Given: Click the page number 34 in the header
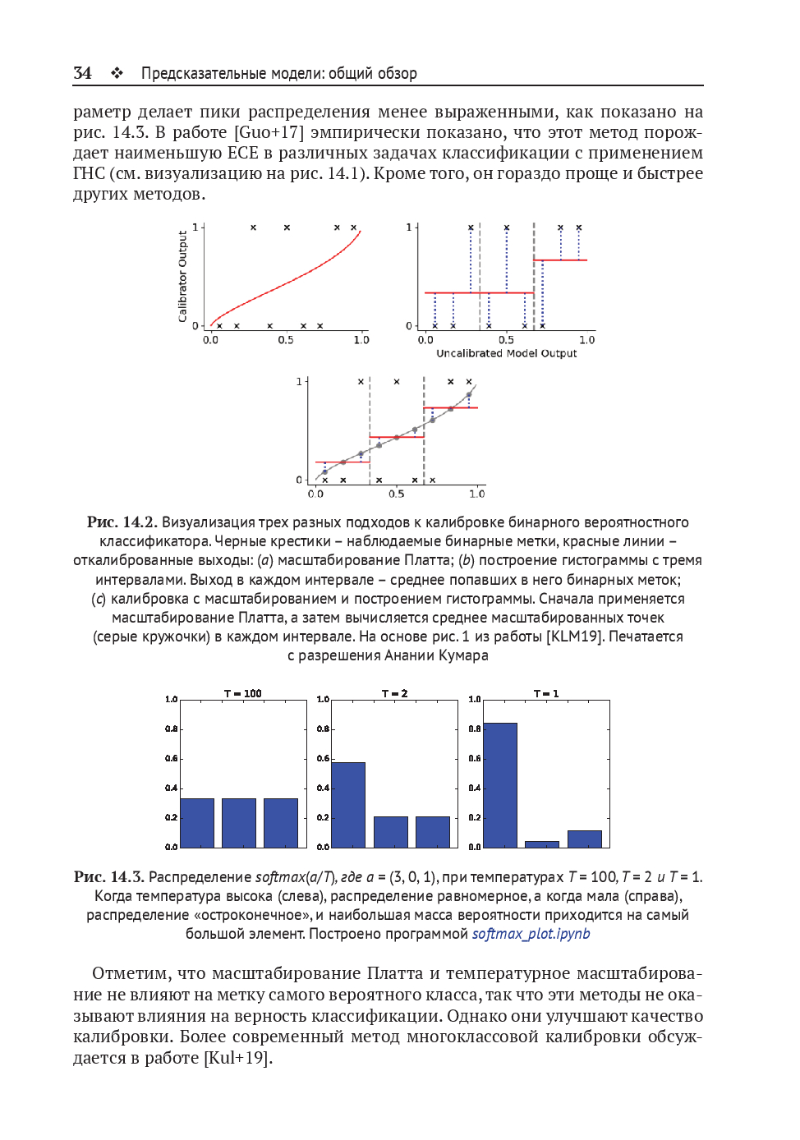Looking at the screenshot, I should click(82, 73).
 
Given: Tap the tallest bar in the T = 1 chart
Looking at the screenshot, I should click(500, 784).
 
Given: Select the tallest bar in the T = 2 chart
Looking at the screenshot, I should click(348, 804).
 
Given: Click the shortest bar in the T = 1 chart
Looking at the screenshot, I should click(542, 844).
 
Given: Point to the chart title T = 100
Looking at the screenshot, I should click(242, 693).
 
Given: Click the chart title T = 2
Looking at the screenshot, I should click(394, 693).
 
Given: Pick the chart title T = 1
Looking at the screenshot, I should click(546, 693).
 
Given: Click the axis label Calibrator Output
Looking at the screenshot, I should click(182, 276).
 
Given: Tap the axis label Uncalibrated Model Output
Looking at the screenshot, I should click(506, 353).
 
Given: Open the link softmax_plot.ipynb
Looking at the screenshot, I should click(531, 934).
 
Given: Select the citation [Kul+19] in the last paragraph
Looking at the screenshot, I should click(237, 1058).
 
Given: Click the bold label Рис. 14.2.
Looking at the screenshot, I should click(122, 522).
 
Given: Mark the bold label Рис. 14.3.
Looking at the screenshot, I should click(108, 877).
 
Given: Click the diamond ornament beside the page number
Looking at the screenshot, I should click(117, 73).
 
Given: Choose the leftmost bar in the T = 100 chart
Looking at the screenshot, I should click(197, 822).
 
